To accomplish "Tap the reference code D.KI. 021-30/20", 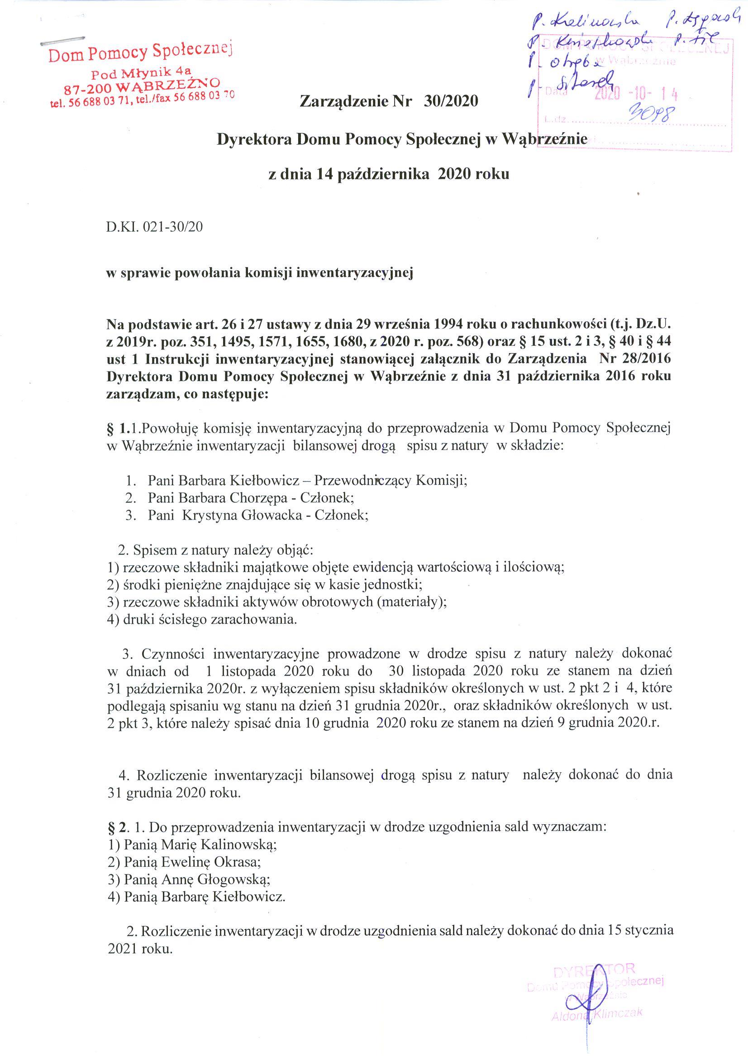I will coord(154,227).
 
